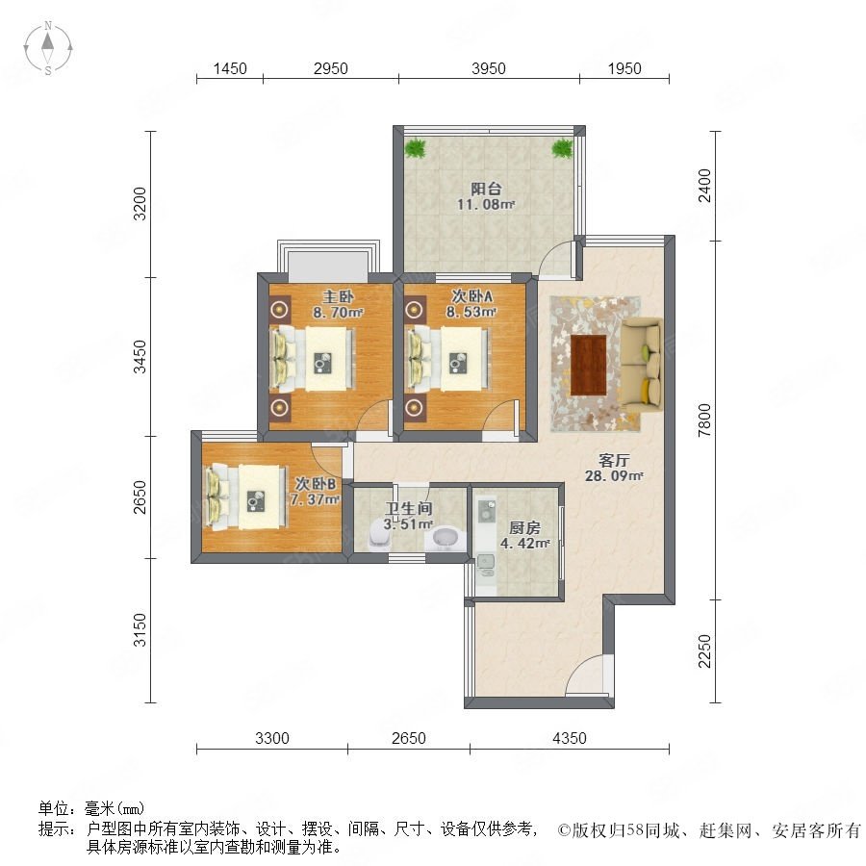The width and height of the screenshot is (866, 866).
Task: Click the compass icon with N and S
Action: coord(48,48)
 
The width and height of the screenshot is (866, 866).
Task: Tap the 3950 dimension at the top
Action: coord(488,68)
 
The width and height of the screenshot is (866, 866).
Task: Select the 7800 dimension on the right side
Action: coord(704,420)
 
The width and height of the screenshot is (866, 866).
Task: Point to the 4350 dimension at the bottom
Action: coord(569,738)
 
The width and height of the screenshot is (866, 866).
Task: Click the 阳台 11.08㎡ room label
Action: coord(486,196)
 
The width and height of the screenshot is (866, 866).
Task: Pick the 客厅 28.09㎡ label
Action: coord(614,468)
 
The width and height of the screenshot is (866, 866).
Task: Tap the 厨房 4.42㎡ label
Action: coord(524,535)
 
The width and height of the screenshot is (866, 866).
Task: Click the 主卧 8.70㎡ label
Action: coord(338,304)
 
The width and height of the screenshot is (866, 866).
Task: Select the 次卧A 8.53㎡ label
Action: coord(471,304)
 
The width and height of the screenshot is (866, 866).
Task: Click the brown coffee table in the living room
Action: coord(588,365)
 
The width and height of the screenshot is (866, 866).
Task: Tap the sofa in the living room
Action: coord(641,364)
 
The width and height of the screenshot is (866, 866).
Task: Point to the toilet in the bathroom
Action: coord(378,533)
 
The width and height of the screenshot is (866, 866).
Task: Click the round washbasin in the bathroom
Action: coord(446,539)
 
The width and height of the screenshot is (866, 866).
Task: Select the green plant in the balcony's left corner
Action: coord(415,148)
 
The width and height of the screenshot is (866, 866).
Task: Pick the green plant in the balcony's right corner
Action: coord(562,148)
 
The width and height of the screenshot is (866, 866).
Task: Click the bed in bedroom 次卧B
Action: coord(245,497)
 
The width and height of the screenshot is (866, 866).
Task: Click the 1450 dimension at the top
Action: coord(230,68)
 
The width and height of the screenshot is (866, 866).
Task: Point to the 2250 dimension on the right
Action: coord(704,650)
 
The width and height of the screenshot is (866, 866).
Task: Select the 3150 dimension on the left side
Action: coord(140,629)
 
